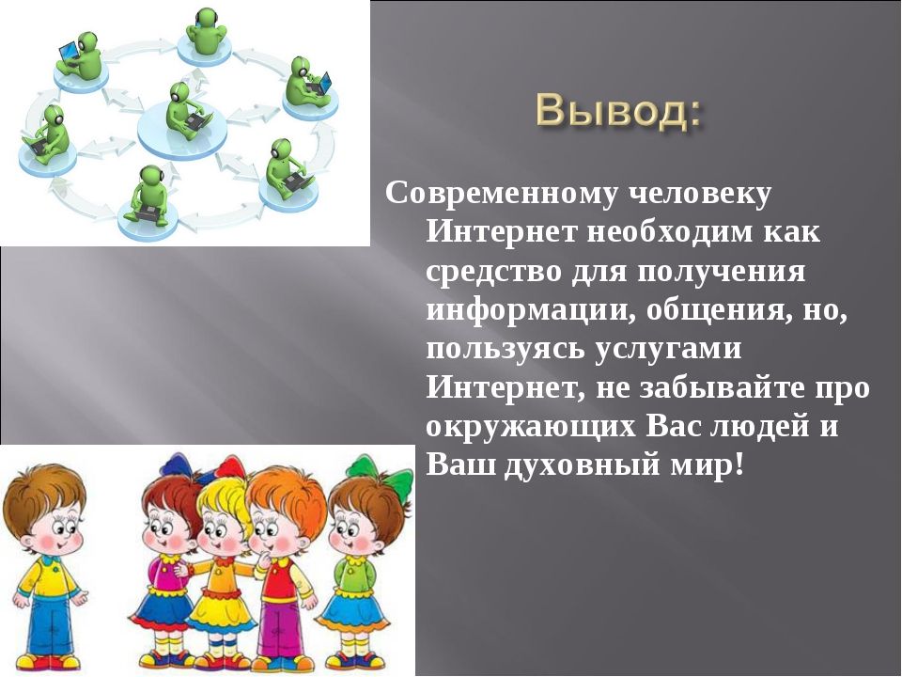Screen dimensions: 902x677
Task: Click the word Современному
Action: click(501, 195)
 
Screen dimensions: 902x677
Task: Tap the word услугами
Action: click(668, 351)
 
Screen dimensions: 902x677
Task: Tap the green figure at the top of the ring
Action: click(207, 32)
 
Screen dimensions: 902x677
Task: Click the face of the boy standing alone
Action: click(51, 527)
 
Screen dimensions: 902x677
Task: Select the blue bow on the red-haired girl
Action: click(175, 464)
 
